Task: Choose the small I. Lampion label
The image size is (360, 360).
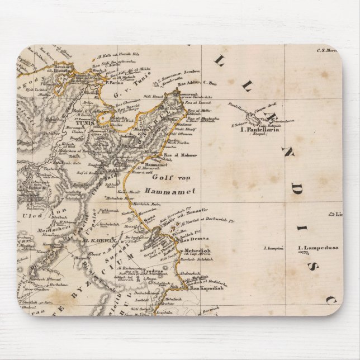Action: (274, 248)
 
